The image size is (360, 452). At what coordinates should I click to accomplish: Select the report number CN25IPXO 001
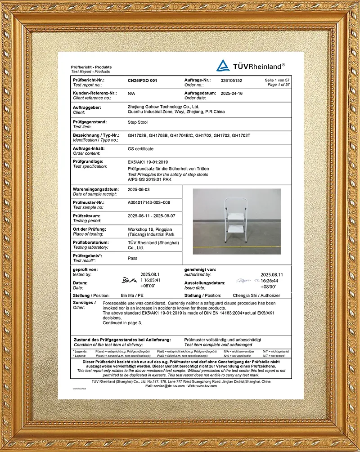(x=143, y=80)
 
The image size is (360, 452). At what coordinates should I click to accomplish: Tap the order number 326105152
(x=231, y=80)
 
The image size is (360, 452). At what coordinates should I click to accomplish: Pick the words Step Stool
(x=138, y=122)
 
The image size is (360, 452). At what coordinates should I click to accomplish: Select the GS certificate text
(x=140, y=149)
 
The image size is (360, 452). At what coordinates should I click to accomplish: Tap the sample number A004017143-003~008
(x=149, y=203)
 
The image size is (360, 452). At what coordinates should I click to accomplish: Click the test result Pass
(x=133, y=259)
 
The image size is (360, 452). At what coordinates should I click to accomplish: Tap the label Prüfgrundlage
(x=88, y=161)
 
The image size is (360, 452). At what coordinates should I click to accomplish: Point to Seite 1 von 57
(x=278, y=80)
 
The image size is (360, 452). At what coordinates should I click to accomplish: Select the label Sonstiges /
(x=84, y=302)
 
